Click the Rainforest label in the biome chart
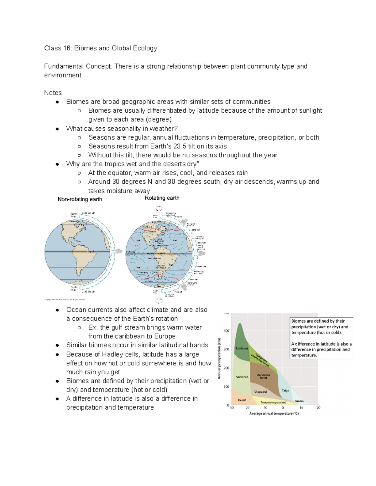(x=242, y=348)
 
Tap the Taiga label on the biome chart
(x=285, y=391)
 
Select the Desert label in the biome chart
(x=242, y=400)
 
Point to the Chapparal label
(x=260, y=392)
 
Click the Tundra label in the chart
(x=299, y=401)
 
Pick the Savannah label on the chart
(x=242, y=377)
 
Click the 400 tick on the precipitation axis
(x=226, y=330)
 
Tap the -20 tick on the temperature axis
(x=318, y=408)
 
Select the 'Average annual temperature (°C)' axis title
(x=274, y=413)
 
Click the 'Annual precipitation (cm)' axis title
(x=219, y=358)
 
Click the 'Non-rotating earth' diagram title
(x=80, y=199)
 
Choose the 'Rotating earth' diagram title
(x=162, y=198)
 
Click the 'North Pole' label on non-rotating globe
(x=73, y=215)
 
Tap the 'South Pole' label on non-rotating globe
(x=74, y=289)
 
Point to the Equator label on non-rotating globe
(x=91, y=251)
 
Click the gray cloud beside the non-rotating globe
(x=119, y=251)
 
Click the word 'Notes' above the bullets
(x=53, y=93)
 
